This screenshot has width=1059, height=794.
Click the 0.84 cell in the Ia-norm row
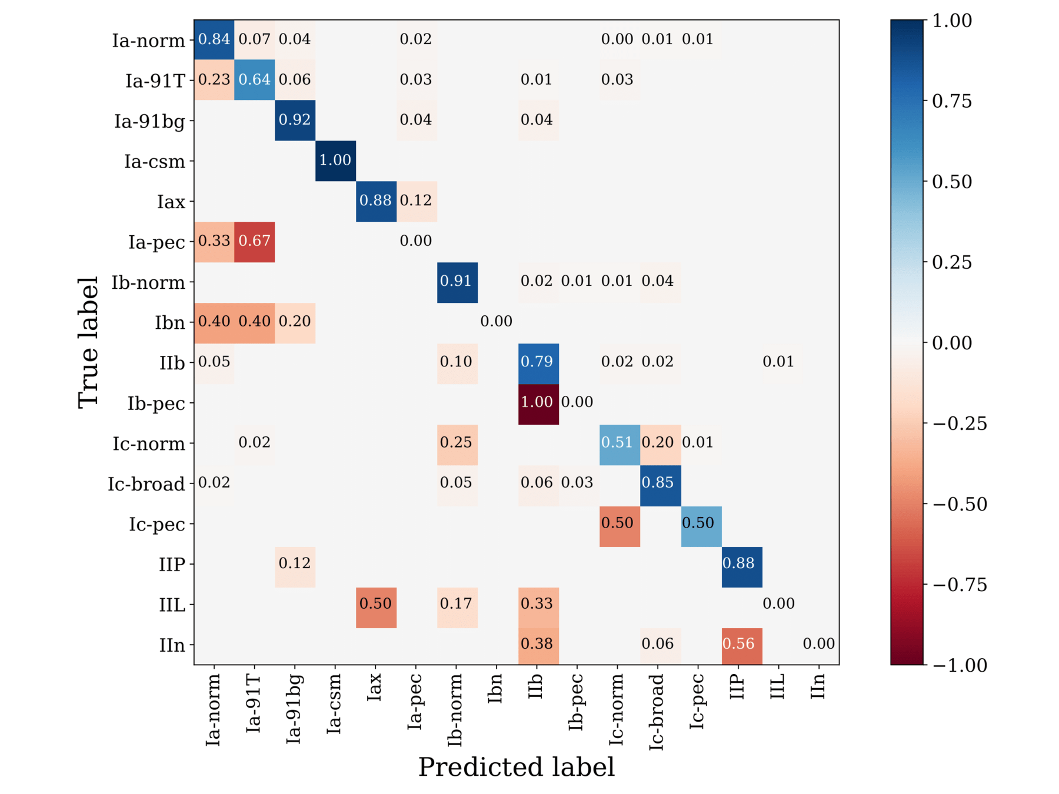tap(214, 39)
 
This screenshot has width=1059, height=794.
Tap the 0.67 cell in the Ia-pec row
tap(254, 241)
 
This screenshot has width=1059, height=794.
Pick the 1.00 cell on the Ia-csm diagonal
tap(335, 161)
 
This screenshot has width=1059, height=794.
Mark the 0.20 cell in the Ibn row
tap(295, 322)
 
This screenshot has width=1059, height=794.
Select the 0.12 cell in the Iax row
tap(417, 201)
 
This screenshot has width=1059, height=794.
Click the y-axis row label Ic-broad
tap(146, 484)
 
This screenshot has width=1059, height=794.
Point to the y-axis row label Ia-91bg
tap(149, 121)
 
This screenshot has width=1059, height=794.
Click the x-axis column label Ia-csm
tap(334, 703)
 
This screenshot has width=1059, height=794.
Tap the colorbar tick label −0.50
tap(960, 505)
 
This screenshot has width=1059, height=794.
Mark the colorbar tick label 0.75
tap(952, 101)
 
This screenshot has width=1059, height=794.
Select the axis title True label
tap(88, 342)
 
